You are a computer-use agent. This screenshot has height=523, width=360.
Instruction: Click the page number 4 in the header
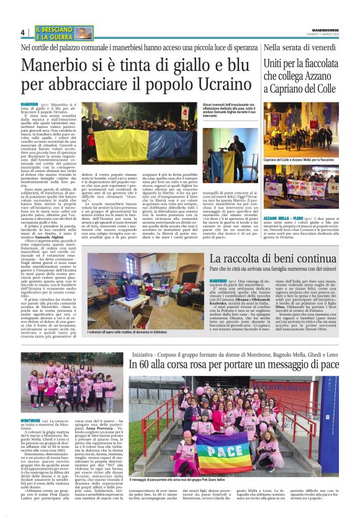[22, 32]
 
